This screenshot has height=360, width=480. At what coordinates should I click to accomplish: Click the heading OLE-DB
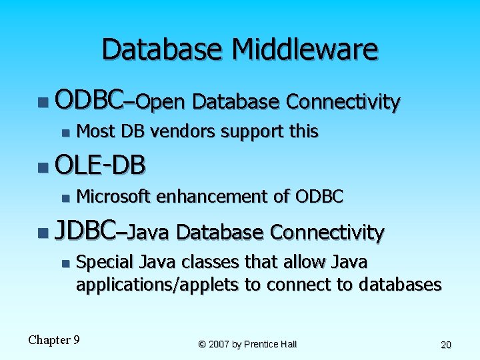coord(100,165)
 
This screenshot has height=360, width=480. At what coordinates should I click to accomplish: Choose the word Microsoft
coord(114,197)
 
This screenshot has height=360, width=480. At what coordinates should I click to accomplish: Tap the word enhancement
coord(212,197)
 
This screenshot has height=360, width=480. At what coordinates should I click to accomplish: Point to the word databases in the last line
coord(400,285)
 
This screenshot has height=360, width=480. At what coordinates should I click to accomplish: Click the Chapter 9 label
coord(54,340)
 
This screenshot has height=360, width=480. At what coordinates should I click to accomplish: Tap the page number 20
coord(446,345)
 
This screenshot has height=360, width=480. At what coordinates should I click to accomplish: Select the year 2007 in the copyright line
coord(220,344)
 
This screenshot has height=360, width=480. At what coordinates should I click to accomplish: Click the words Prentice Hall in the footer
coord(270,344)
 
